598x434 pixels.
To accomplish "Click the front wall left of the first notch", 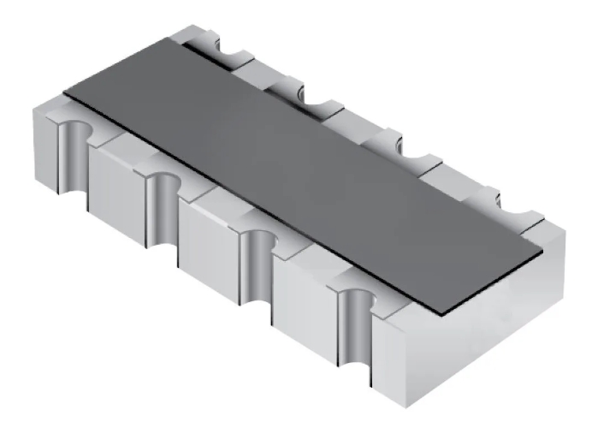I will pyautogui.click(x=43, y=137).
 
